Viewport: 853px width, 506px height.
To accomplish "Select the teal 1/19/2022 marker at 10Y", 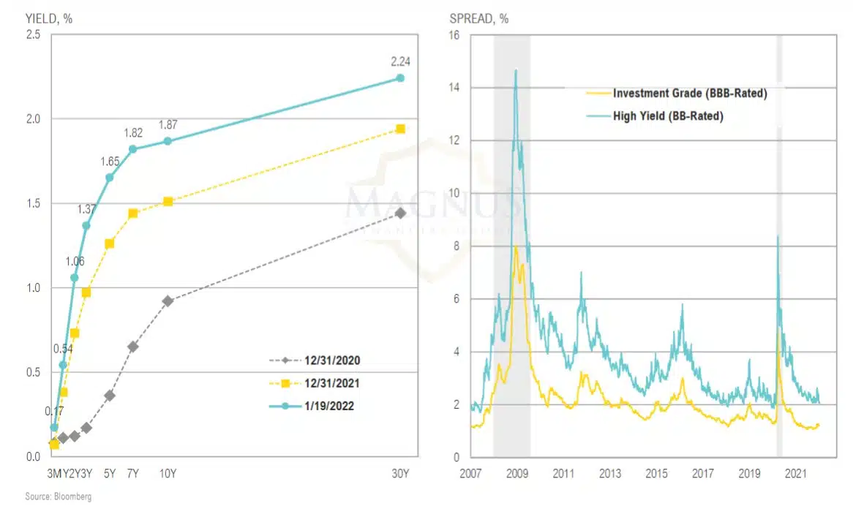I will (168, 141).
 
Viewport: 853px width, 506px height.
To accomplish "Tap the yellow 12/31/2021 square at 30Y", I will (400, 129).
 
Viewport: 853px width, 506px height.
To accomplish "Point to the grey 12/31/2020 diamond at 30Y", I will (400, 213).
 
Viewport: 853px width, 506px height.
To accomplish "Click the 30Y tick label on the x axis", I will (400, 473).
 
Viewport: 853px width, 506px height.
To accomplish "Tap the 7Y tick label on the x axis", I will (132, 473).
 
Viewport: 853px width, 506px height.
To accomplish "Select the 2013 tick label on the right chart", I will (609, 473).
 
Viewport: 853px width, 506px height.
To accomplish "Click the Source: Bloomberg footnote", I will (50, 496).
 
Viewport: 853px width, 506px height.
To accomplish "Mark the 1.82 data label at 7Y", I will (132, 132).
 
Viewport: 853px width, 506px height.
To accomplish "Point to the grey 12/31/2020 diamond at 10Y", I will (168, 301).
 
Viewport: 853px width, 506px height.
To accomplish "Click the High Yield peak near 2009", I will (516, 70).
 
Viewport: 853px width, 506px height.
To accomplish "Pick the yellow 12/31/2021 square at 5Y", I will (110, 243).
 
